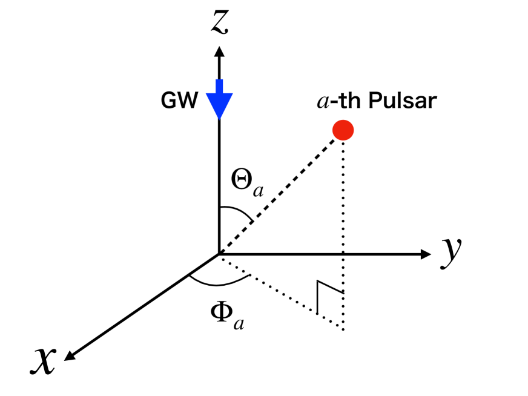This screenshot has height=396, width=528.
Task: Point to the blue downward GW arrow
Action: coord(219,100)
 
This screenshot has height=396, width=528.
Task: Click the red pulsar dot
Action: coord(343,130)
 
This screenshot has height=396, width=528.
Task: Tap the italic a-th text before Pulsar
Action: coord(340,101)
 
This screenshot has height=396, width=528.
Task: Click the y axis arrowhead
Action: coord(424,254)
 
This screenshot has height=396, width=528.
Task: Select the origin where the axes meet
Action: coord(219,254)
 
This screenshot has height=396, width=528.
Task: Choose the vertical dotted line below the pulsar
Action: coord(343,230)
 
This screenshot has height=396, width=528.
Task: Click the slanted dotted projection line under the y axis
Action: coord(279,291)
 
